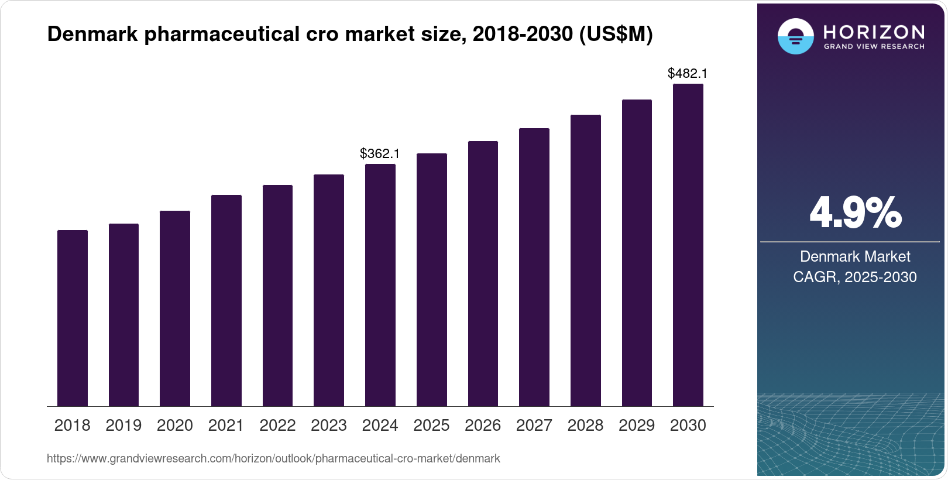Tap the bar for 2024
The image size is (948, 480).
(380, 285)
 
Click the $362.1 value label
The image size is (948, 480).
(380, 153)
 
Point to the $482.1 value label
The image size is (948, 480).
(688, 73)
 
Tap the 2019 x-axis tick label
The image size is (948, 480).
(123, 426)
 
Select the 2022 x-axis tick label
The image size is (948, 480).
(277, 426)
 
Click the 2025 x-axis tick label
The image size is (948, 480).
(431, 426)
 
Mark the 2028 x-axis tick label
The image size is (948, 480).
(585, 426)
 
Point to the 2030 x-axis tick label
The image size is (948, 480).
(688, 426)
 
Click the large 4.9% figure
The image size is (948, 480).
(855, 213)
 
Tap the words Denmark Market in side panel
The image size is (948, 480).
(855, 256)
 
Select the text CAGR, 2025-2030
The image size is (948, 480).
(855, 277)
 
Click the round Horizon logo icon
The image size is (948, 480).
(795, 37)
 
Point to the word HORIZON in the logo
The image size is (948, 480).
(874, 32)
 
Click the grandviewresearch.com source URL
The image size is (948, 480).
(273, 458)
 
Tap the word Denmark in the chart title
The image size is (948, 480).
(92, 34)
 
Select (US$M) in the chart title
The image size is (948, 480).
(616, 34)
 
